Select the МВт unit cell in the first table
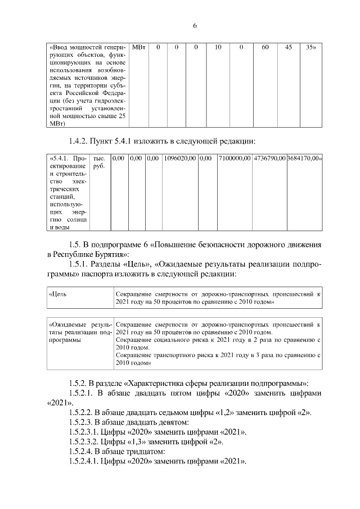tap(139, 48)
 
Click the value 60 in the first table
tap(265, 48)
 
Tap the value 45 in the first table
tap(289, 48)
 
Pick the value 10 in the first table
tap(218, 48)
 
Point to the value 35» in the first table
tap(310, 48)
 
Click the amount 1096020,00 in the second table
tap(180, 159)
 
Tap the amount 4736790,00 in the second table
tap(269, 159)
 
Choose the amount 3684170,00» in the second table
tap(304, 159)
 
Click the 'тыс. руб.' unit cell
tap(99, 163)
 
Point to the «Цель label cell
tap(58, 294)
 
